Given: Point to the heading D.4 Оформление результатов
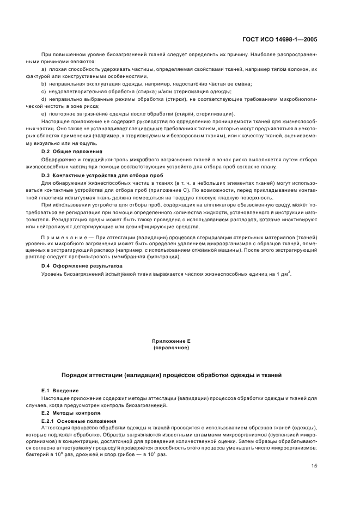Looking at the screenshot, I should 82,265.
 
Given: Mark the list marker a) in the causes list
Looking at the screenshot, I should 44,70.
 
